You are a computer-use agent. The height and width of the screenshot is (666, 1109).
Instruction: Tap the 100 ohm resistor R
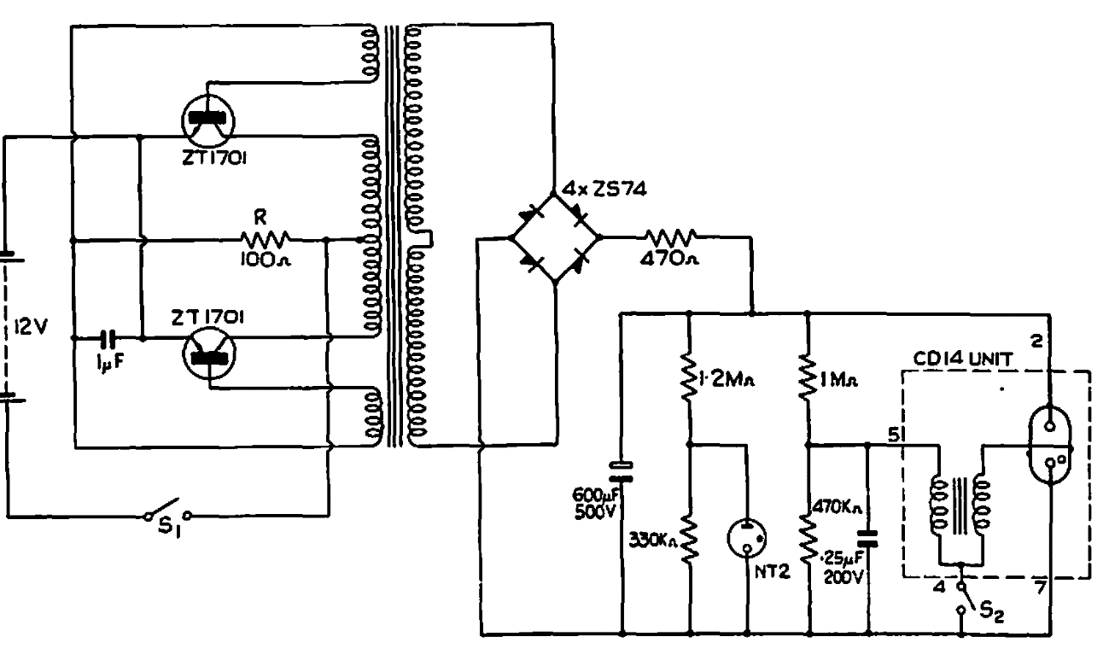pos(266,239)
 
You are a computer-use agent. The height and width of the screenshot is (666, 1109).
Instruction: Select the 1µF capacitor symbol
pos(109,338)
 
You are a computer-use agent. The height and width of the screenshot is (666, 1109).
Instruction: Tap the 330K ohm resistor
pos(688,538)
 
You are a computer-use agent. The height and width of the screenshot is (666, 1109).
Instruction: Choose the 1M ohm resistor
pos(808,379)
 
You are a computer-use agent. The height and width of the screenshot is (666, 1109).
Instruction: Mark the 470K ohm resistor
pos(808,538)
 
